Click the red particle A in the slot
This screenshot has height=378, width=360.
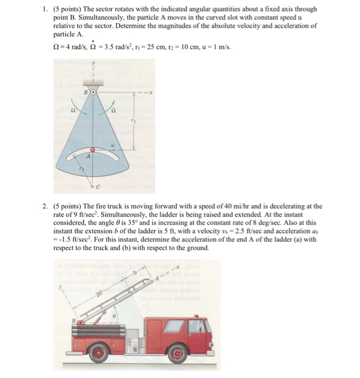[x=93, y=149]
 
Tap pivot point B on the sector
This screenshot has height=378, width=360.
[x=92, y=92]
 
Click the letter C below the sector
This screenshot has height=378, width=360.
[x=98, y=188]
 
